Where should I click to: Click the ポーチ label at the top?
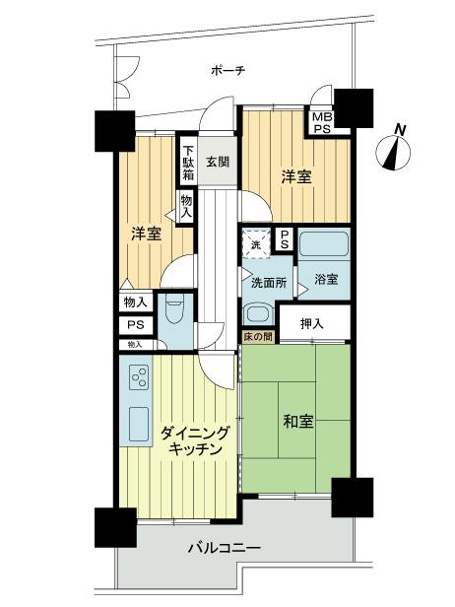[x=227, y=71]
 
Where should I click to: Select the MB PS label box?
[x=322, y=121]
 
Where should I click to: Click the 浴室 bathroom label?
[x=327, y=279]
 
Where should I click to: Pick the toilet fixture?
[x=174, y=315]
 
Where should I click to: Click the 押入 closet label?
[x=311, y=323]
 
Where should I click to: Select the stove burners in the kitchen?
[x=138, y=376]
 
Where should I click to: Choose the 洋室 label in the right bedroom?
[x=296, y=178]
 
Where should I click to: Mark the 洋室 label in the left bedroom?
[x=147, y=235]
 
